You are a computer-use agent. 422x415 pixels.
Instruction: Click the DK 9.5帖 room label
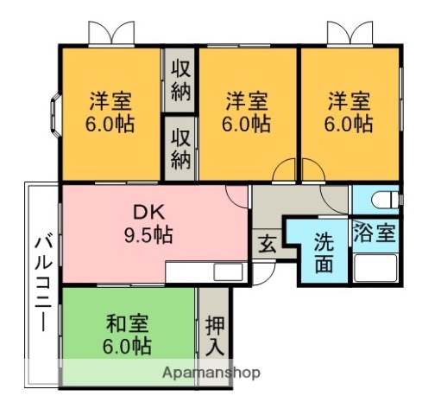tap(148, 223)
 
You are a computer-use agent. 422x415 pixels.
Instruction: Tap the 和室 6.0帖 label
tap(127, 335)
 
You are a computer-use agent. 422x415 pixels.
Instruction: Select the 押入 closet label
tap(215, 336)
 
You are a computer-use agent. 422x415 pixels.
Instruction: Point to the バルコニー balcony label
tap(43, 284)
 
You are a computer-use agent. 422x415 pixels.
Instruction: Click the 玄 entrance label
tap(268, 245)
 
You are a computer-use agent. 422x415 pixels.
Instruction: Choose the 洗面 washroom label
tap(324, 252)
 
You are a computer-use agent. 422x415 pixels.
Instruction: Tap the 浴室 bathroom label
tap(374, 233)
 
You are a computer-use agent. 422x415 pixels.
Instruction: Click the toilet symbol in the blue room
tap(385, 200)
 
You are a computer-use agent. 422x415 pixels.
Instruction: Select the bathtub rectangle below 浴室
tap(375, 268)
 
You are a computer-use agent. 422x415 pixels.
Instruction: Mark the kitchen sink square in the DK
tap(228, 271)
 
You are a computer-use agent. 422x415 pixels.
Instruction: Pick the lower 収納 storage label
tap(181, 149)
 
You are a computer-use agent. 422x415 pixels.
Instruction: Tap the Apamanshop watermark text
tap(211, 373)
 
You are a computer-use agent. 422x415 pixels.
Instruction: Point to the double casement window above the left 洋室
tap(111, 34)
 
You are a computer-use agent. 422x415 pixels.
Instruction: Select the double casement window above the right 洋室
tap(350, 34)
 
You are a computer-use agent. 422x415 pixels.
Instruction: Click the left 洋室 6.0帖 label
tap(110, 112)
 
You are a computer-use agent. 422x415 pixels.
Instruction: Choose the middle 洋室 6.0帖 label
tap(246, 112)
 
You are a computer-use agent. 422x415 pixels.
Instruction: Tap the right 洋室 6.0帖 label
tap(349, 112)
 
